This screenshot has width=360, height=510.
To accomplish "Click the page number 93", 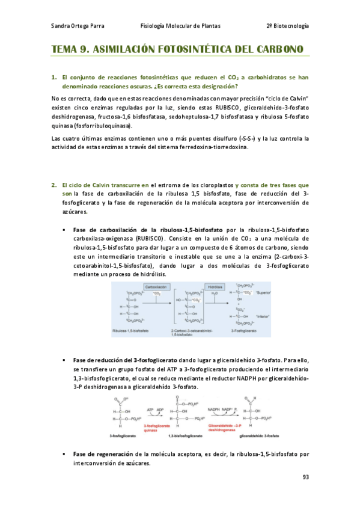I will point(305,478).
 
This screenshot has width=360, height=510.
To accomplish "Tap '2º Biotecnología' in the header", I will point(287,26).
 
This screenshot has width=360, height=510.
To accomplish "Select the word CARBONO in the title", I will point(276,50).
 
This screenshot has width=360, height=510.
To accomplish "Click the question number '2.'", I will point(53,185).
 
